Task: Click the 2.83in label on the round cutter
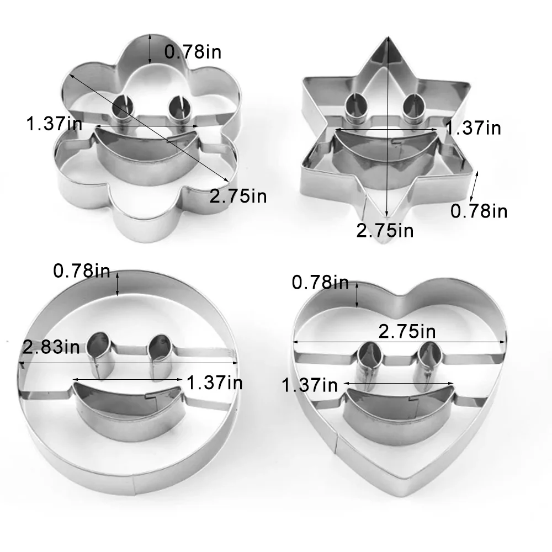[x=51, y=348]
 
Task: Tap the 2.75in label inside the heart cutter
[x=407, y=331]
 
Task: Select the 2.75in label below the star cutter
[x=385, y=230]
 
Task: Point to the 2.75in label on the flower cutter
[x=238, y=195]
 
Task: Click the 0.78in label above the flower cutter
[x=193, y=52]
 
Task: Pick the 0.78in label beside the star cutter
[x=479, y=211]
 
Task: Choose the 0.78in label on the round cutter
[x=82, y=271]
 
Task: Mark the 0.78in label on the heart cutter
[x=320, y=283]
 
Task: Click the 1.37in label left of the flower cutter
[x=54, y=124]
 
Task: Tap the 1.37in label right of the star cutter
[x=473, y=128]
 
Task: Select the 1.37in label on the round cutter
[x=215, y=382]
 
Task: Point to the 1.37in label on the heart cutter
[x=309, y=385]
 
